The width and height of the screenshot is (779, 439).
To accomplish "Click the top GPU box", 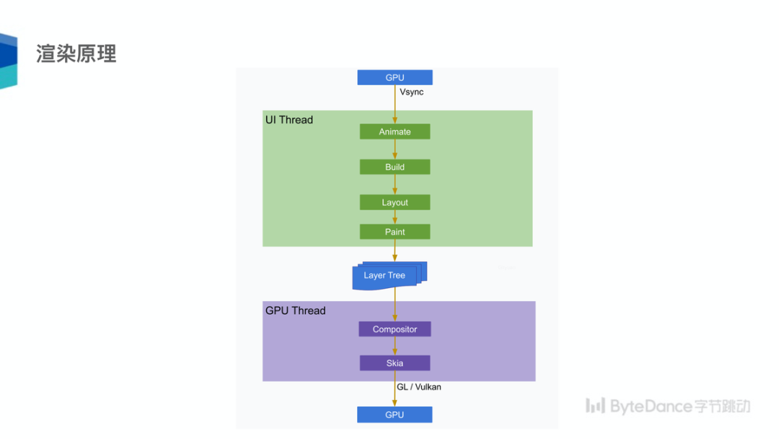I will pos(395,77).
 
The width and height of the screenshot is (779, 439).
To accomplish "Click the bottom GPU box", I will pos(395,414).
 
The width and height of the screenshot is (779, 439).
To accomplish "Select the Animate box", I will pos(395,131).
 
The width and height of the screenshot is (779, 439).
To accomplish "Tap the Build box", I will pos(395,167).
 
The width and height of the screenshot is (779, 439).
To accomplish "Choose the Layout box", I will pos(395,202).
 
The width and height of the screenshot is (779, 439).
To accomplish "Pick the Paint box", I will pos(395,232).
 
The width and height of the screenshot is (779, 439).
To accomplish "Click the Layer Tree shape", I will pos(387,275).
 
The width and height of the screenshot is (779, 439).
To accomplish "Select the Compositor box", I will pos(395,329).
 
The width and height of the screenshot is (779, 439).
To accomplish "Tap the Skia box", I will pos(395,362).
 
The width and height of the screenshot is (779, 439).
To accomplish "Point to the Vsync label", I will pos(412,92).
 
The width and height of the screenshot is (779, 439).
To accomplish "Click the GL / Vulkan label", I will pos(419,387).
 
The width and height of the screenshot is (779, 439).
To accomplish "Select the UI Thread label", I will pos(289,120).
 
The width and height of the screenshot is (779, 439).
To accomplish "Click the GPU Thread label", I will pos(296,310).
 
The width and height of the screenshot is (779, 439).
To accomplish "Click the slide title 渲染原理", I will pos(76,54).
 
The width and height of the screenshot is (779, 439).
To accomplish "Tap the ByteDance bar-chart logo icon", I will pos(595,406).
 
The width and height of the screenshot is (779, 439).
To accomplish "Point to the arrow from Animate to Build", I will pos(395,149).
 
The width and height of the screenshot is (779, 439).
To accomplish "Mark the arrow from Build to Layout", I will pos(395,185).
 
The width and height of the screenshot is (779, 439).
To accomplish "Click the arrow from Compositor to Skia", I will pos(395,346).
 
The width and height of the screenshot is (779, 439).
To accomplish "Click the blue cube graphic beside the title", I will pos(8,61).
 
